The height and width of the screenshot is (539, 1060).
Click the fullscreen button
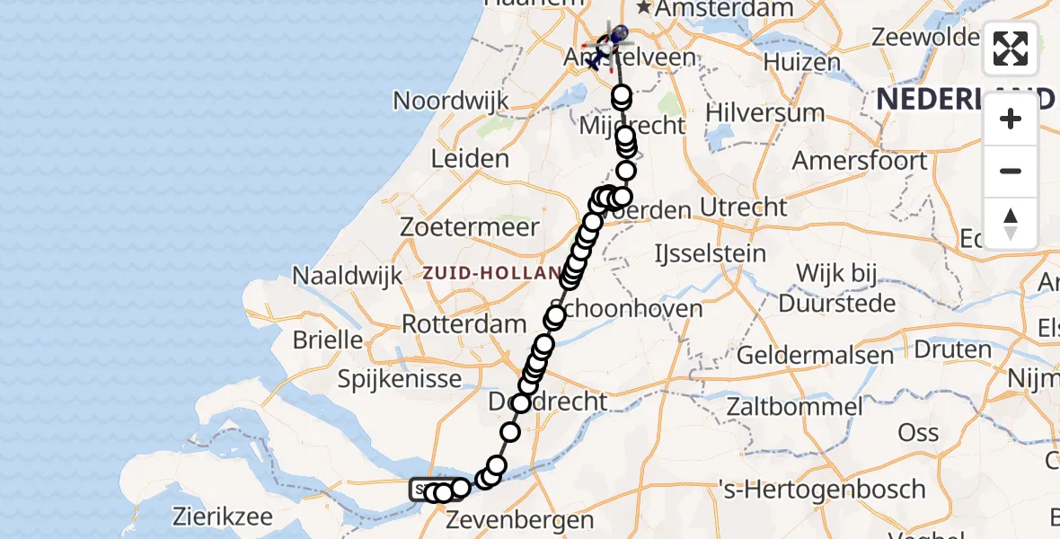click(1011, 49)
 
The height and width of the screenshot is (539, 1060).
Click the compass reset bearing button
click(1011, 224)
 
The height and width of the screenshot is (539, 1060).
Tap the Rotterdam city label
click(464, 323)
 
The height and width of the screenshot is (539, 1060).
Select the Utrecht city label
click(744, 208)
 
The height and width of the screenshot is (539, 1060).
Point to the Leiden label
click(470, 159)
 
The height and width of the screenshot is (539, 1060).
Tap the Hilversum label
click(764, 113)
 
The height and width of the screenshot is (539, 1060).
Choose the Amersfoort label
click(859, 162)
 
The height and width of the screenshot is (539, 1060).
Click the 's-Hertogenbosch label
click(822, 490)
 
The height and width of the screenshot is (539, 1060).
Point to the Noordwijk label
click(451, 100)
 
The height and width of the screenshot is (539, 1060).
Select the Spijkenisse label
click(399, 379)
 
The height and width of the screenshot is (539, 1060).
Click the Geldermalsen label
click(815, 355)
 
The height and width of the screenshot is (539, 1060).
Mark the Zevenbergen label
click(519, 520)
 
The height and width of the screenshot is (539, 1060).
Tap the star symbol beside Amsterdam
click(644, 8)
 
